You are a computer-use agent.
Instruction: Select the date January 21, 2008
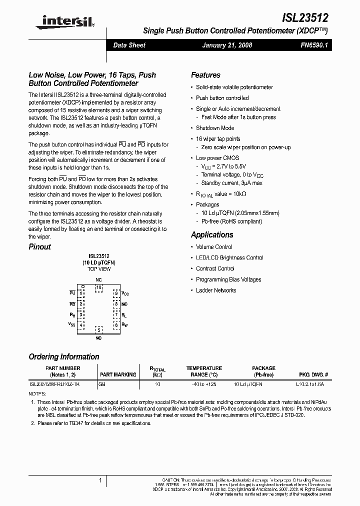[227, 45]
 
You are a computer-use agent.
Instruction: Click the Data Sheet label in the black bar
[129, 45]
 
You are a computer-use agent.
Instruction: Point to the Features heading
[205, 75]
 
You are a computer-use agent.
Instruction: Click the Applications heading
[212, 234]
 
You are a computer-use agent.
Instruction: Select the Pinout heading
[39, 246]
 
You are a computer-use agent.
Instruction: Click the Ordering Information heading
[64, 356]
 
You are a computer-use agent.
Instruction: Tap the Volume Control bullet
[214, 247]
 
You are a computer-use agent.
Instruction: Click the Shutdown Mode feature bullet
[215, 128]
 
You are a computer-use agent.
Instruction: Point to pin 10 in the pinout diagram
[98, 287]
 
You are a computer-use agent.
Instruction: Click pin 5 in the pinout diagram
[98, 330]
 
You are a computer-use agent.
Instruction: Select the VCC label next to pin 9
[125, 293]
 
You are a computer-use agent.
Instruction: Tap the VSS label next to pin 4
[72, 324]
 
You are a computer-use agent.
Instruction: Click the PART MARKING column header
[118, 374]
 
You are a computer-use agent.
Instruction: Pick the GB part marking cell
[102, 384]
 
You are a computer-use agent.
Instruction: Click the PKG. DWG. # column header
[313, 374]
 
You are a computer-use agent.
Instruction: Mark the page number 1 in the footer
[100, 480]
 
